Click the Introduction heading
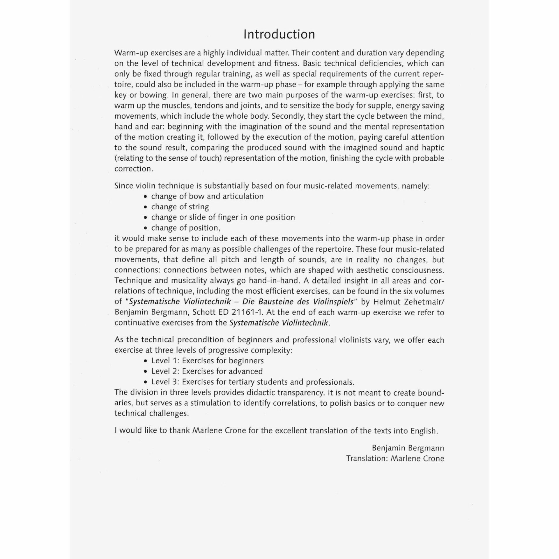tap(279, 34)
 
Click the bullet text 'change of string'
tap(180, 207)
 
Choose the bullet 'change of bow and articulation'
tap(207, 197)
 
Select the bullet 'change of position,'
tap(185, 228)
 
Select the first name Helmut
tap(386, 302)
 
